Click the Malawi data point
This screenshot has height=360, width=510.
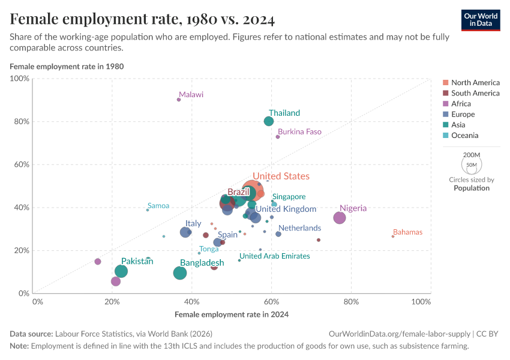(179, 100)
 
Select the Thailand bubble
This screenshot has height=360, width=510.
(268, 121)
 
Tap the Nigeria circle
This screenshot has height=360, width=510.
(340, 218)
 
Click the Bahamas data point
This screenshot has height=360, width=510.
(393, 236)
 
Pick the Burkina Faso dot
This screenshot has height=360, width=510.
(278, 137)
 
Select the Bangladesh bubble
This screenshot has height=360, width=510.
(180, 273)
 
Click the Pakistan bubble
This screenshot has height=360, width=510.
(121, 271)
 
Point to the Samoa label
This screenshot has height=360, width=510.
(158, 206)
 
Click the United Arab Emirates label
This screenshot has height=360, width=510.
(275, 256)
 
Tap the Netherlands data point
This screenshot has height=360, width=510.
(278, 234)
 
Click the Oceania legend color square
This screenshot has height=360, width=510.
(445, 136)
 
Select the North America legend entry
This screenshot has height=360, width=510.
(475, 82)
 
